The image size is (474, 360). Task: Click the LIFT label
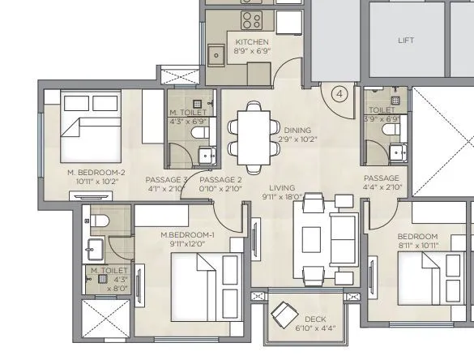(x=406, y=39)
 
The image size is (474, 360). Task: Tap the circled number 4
(x=339, y=94)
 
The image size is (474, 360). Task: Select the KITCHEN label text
(x=252, y=42)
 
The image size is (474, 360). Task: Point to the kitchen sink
(x=216, y=56)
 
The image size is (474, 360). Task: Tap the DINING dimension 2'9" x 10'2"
(x=297, y=139)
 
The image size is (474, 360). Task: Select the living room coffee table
(x=314, y=239)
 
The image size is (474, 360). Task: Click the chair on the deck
(x=284, y=313)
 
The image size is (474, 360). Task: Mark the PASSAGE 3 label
(x=166, y=179)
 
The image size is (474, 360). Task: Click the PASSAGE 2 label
(x=220, y=179)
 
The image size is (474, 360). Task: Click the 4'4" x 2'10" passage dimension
(x=381, y=187)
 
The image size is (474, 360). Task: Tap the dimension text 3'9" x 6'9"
(x=381, y=118)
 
